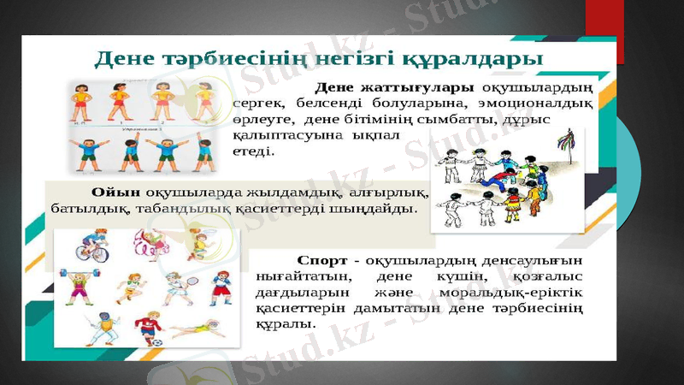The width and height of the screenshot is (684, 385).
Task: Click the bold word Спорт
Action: [321, 259]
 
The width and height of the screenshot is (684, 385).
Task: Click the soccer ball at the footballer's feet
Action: [159, 341]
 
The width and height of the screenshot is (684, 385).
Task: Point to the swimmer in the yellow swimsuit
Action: [198, 329]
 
